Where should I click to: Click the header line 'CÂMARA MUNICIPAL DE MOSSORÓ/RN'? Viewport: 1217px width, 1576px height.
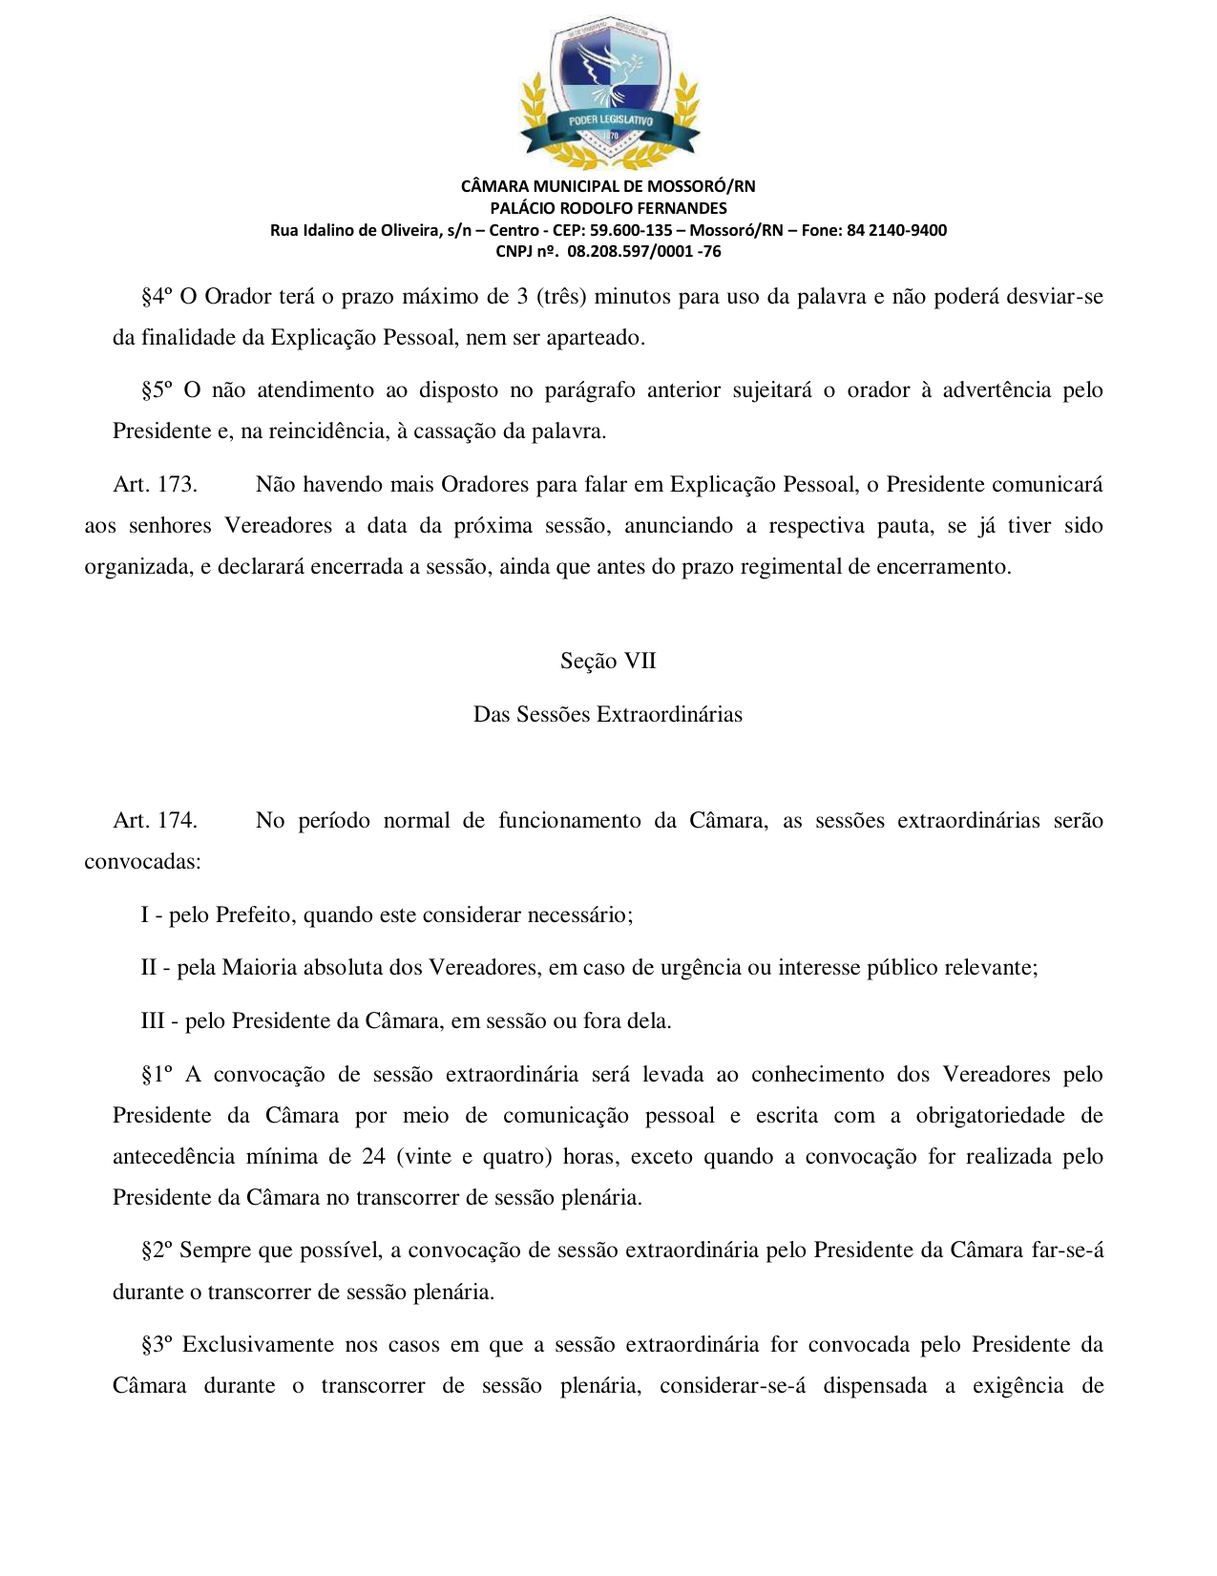point(608,186)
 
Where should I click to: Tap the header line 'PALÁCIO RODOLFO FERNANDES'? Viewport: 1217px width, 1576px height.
point(608,208)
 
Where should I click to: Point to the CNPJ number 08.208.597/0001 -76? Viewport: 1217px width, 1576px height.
point(644,252)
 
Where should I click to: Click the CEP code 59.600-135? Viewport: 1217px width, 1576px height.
point(631,230)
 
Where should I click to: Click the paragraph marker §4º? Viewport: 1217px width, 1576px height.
point(157,297)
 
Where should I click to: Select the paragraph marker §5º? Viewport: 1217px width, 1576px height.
point(157,390)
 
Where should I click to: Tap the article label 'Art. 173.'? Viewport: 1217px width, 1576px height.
point(155,485)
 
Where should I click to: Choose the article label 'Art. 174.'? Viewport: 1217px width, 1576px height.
point(155,821)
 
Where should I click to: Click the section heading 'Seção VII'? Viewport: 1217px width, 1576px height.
point(608,662)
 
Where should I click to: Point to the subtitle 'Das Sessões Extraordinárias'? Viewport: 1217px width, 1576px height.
point(608,715)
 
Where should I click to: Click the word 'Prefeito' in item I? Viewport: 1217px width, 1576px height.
point(253,915)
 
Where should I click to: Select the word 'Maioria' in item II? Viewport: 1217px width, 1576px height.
point(260,968)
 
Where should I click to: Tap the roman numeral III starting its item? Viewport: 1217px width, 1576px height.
point(153,1021)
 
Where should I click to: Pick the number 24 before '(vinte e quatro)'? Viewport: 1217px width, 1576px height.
point(373,1157)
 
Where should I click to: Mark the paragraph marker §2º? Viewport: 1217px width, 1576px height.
point(157,1250)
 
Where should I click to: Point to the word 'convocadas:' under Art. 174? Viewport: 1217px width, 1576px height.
point(142,862)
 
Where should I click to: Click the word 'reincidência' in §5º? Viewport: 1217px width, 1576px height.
point(327,431)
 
